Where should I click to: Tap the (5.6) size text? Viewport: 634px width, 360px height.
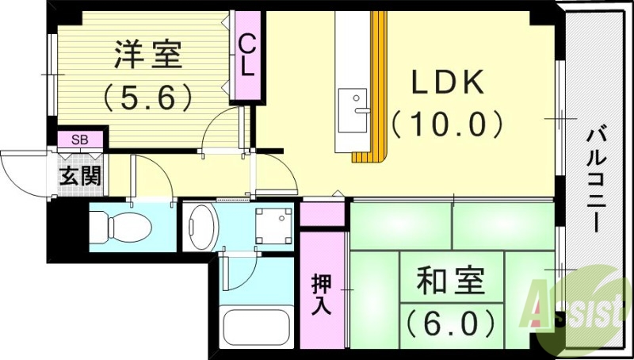[148, 98]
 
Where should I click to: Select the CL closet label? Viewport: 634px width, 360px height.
[247, 56]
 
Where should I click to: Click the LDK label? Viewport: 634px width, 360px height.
[448, 82]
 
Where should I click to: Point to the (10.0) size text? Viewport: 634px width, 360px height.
[448, 123]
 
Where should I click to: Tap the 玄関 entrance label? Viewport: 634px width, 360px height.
[80, 175]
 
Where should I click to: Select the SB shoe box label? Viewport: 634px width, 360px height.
[80, 140]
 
